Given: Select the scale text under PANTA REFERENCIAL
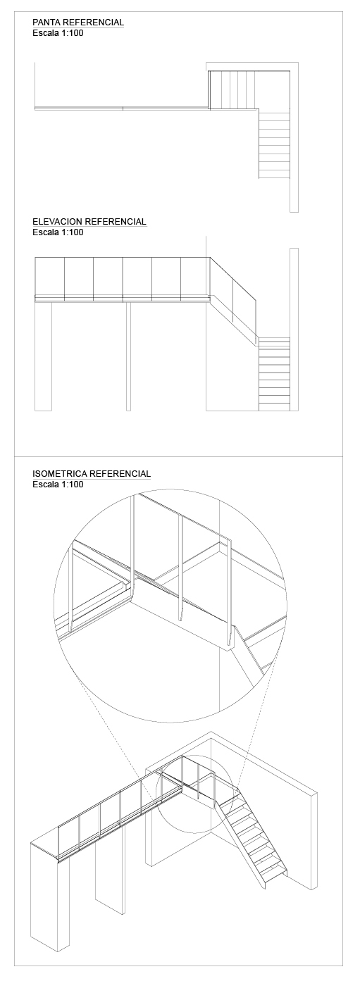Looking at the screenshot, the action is (58, 33).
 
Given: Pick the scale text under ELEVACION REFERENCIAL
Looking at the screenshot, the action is (58, 232).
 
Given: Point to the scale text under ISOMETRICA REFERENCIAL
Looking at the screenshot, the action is (58, 484).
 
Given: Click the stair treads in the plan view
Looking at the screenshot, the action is (274, 144).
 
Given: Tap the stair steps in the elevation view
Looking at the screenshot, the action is (274, 374).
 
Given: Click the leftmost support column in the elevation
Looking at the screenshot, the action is (43, 356).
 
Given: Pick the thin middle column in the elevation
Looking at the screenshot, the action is (128, 356).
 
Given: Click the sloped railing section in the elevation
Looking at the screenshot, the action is (233, 300).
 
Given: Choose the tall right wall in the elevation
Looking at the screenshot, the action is (294, 330).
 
